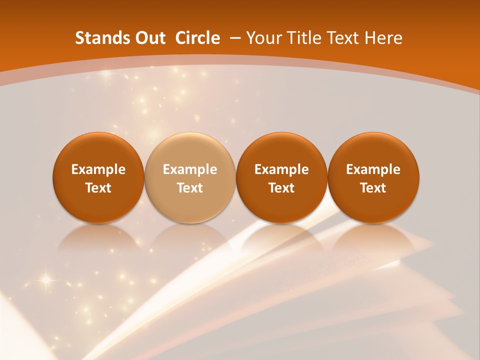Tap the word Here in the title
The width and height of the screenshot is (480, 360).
pyautogui.click(x=382, y=38)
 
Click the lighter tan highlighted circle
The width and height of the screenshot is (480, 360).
pyautogui.click(x=190, y=177)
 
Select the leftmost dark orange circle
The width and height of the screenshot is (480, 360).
pyautogui.click(x=98, y=177)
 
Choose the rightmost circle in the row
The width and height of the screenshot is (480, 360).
pyautogui.click(x=373, y=177)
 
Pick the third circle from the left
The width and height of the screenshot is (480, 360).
pyautogui.click(x=281, y=177)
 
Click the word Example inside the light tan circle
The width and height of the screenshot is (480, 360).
pyautogui.click(x=190, y=169)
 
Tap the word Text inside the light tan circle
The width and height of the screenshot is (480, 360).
pyautogui.click(x=190, y=188)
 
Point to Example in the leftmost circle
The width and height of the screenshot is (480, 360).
pyautogui.click(x=98, y=169)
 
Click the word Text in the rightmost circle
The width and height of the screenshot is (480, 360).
pyautogui.click(x=373, y=188)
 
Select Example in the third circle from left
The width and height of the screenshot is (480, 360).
pyautogui.click(x=281, y=169)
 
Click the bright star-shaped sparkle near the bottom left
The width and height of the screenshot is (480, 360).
pyautogui.click(x=46, y=280)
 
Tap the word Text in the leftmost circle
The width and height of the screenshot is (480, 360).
pyautogui.click(x=98, y=188)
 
